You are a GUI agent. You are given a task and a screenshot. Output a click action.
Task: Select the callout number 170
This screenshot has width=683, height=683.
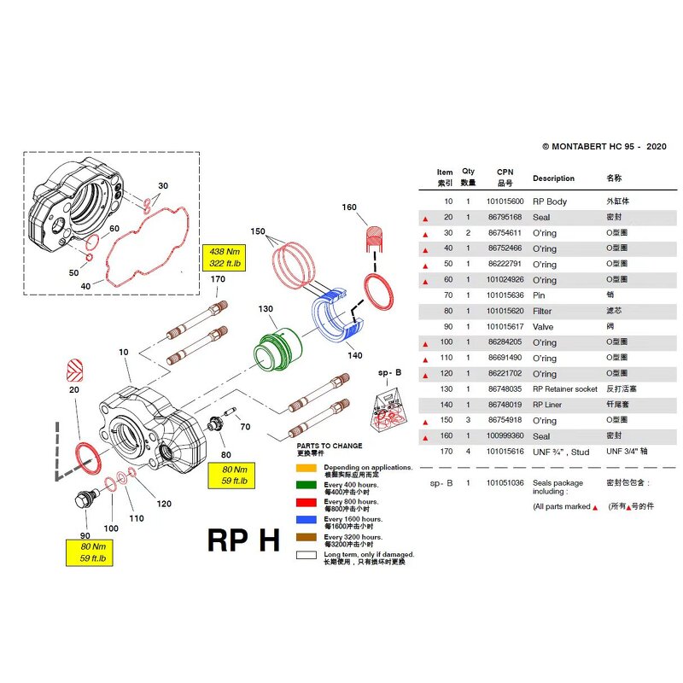coord(218,279)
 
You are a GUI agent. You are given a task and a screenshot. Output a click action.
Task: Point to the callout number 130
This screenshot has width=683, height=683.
coord(266,309)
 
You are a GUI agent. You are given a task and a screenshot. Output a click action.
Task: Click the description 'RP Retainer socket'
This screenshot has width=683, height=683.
coord(565,389)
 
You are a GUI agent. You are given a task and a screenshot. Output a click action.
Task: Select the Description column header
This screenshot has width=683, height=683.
coord(553,178)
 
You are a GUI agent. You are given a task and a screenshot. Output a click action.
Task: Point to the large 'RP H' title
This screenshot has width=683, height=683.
coord(244,540)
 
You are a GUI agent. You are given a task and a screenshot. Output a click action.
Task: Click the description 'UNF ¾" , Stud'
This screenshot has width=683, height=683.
coord(561,452)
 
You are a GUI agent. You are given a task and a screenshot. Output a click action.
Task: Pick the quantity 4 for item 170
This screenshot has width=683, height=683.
coord(468,452)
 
